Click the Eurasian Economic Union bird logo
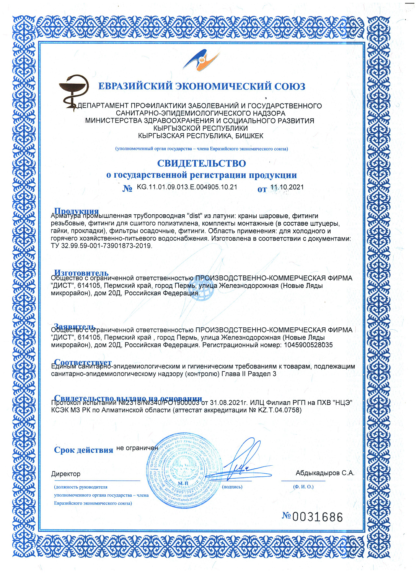point(201,61)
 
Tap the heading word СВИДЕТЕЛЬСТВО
point(201,163)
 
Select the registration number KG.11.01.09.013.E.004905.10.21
point(187,187)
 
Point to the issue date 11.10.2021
point(287,187)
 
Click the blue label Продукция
point(77,211)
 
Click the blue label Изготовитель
point(81,273)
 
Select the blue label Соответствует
point(83,362)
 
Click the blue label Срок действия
point(83,450)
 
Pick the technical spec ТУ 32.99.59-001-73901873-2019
point(101,246)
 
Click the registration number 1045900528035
point(308,345)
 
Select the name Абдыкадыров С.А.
point(325,473)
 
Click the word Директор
point(66,474)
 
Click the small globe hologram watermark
point(201,292)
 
